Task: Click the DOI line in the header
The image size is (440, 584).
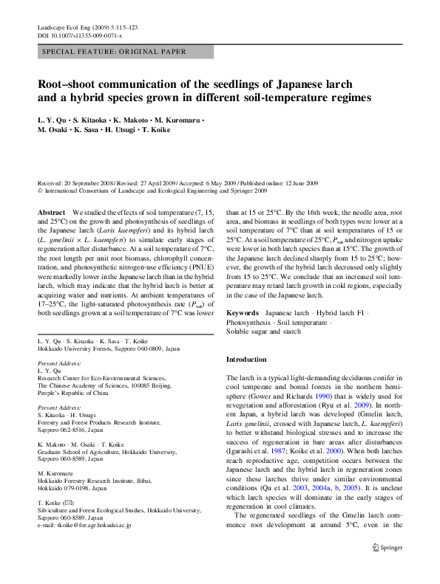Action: [x=80, y=35]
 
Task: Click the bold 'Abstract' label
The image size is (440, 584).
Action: [x=51, y=212]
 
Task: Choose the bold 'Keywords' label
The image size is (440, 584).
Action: [x=242, y=313]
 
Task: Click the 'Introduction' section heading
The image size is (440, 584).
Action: [x=246, y=360]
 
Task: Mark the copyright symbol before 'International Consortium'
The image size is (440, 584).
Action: [x=40, y=190]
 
